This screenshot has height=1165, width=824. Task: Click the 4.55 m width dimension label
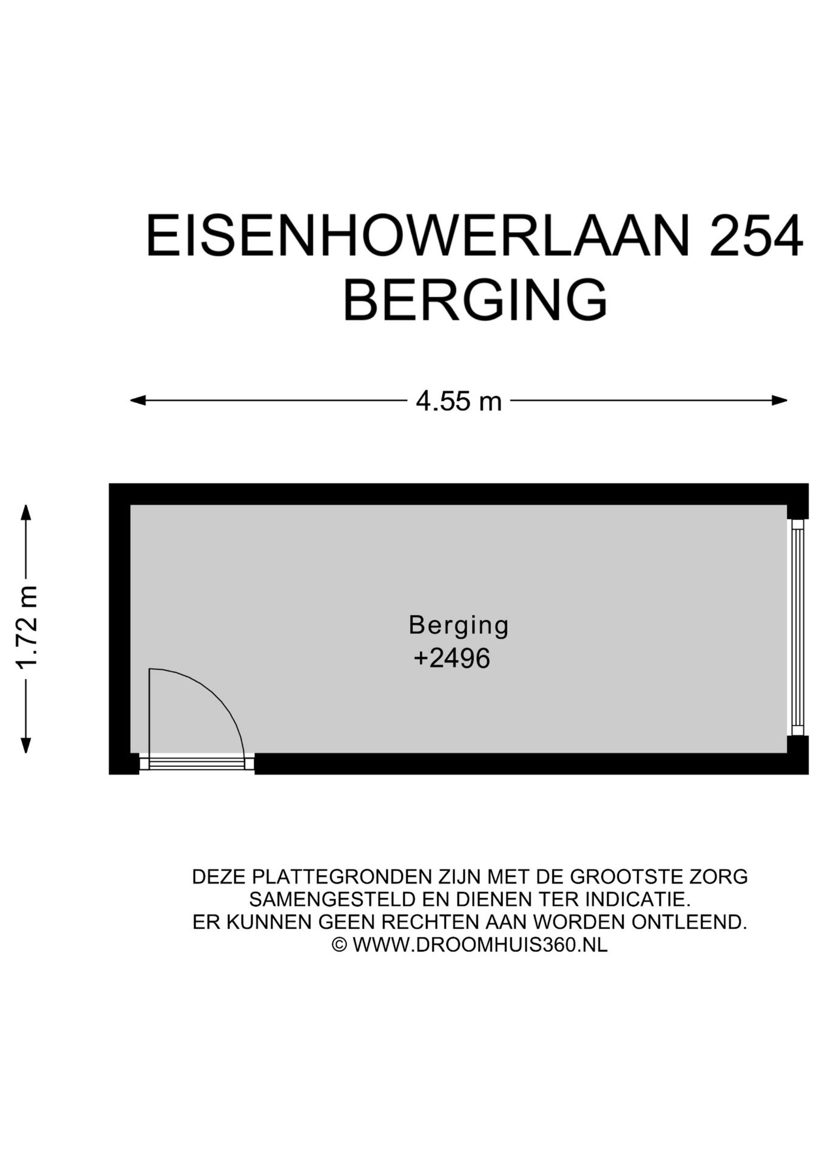(459, 401)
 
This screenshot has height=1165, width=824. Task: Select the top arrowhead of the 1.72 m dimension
(25, 512)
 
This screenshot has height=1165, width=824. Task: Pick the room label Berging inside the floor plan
(459, 625)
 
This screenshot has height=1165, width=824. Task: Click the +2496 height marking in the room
(451, 658)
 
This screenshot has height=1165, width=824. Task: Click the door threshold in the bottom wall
(197, 763)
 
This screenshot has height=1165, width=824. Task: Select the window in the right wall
(797, 627)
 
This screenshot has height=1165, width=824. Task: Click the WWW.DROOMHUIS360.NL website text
(479, 945)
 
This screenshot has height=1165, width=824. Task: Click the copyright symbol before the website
(339, 945)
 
